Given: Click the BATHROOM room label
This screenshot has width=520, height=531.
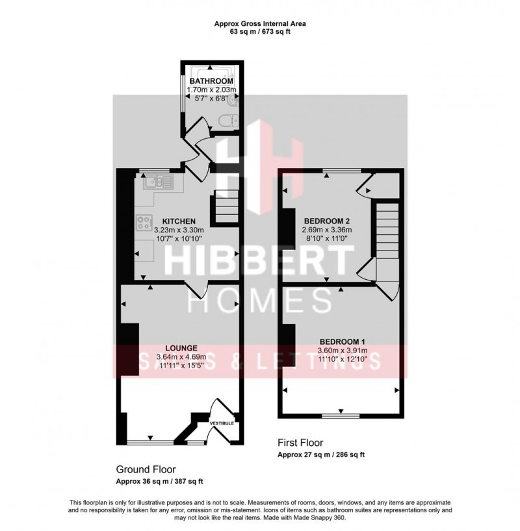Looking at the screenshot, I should point(211,81).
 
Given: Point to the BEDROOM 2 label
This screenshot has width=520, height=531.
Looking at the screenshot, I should point(326,221).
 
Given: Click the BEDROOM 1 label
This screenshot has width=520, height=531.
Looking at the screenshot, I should point(341,342).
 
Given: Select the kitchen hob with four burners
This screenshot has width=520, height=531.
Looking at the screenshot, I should point(144,223).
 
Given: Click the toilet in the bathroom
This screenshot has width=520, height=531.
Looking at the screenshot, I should point(229,121).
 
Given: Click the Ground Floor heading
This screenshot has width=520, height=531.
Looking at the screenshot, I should point(146,469).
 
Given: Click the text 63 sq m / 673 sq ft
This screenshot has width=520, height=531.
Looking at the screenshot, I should point(260,32).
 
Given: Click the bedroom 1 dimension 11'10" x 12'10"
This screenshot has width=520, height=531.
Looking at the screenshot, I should point(341,359).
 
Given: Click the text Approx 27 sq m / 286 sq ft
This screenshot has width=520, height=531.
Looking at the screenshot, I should point(321,455).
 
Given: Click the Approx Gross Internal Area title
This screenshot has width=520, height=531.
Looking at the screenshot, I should point(260,24).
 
